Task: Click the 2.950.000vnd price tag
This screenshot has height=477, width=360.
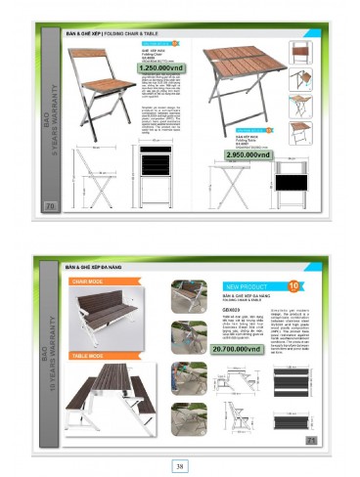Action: (233, 155)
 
